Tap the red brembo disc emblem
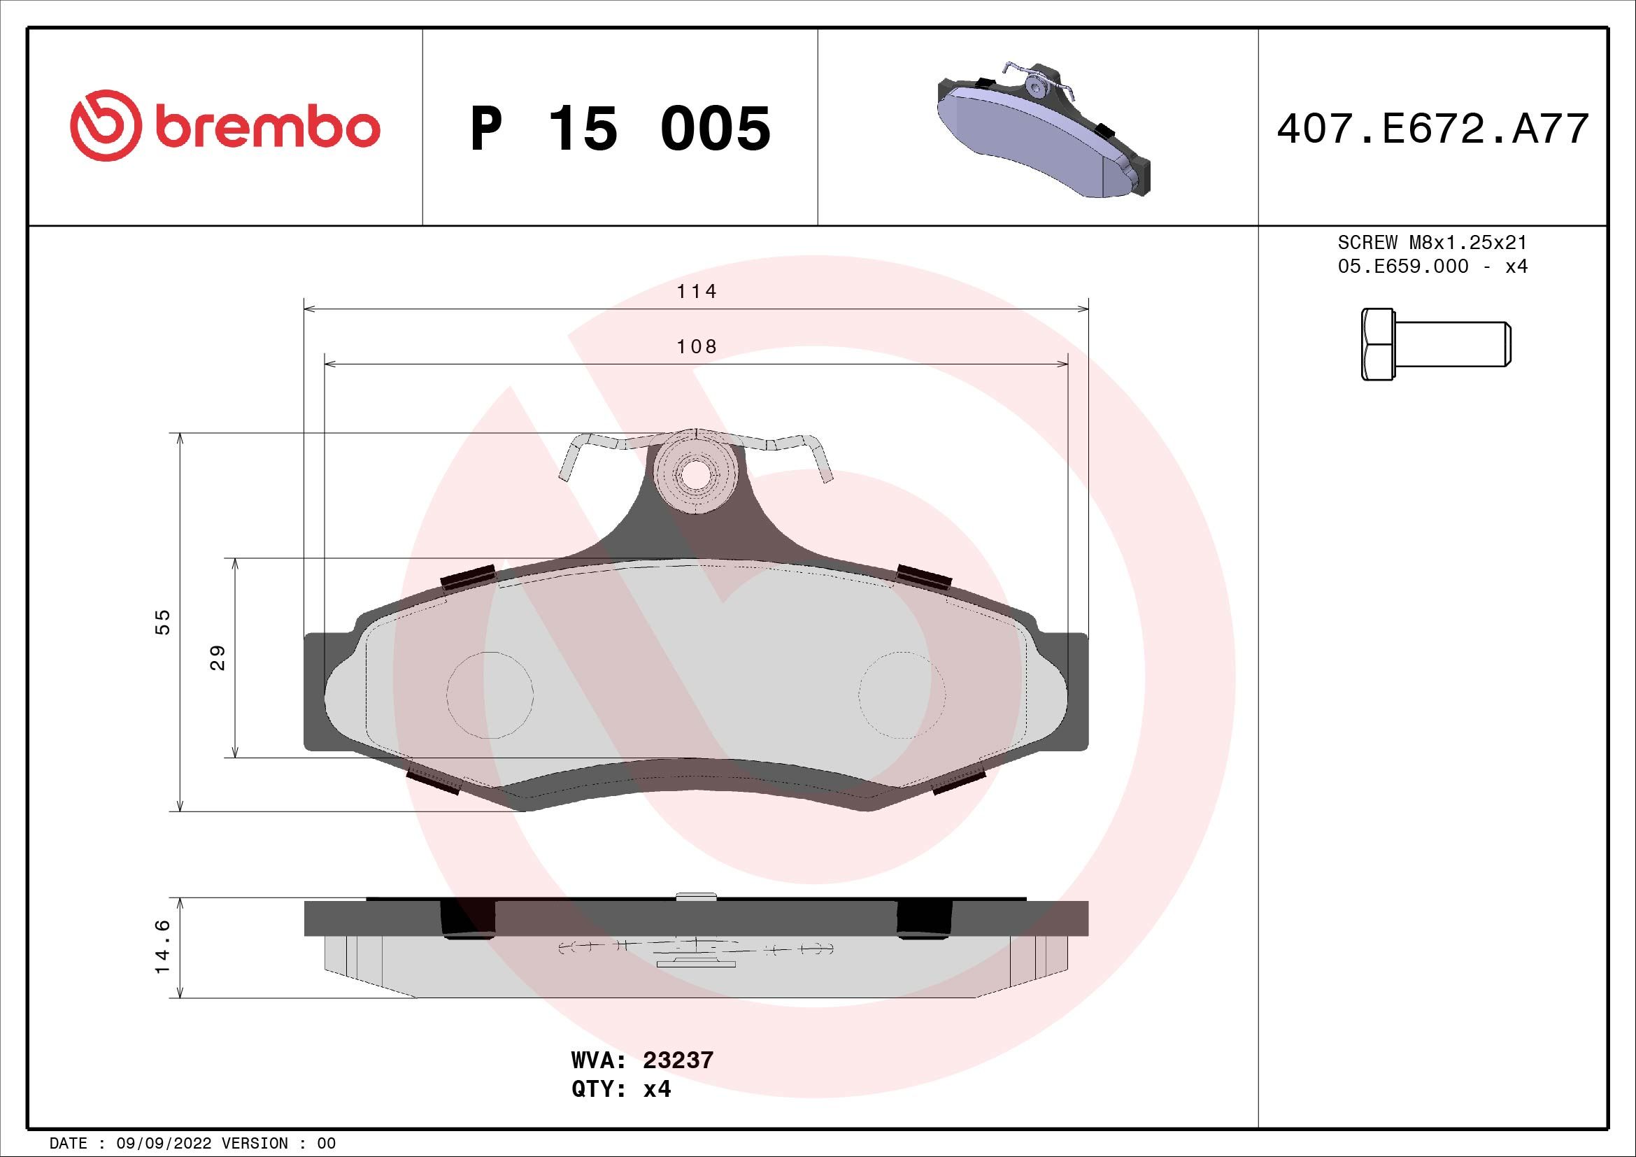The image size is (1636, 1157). coord(102,125)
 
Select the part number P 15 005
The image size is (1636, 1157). coord(620,128)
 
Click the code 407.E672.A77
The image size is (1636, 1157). coord(1432,129)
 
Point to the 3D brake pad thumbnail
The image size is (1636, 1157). coord(1042,129)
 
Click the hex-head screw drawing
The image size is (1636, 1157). coord(1436,344)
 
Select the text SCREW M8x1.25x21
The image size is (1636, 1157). coord(1432,242)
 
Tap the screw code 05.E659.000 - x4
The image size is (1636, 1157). coord(1432,267)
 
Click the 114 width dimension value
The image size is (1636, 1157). coord(696,292)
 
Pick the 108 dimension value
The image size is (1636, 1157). coord(696,346)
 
